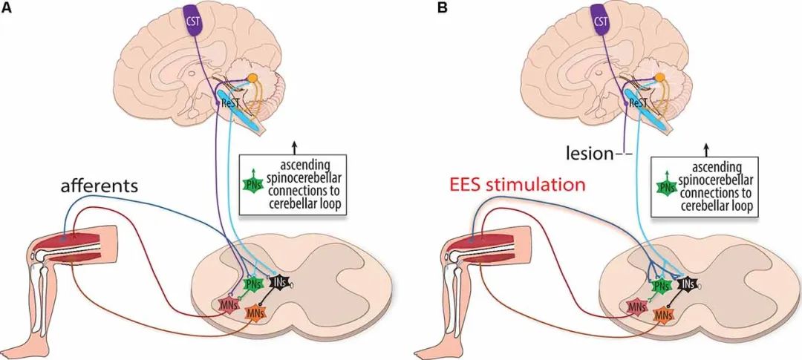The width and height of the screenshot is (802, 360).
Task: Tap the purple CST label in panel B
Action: [x=599, y=20]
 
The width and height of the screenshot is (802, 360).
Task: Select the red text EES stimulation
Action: [x=514, y=183]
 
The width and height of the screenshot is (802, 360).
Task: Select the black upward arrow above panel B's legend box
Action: [x=705, y=149]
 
